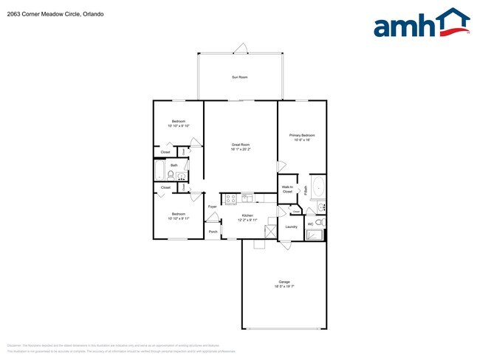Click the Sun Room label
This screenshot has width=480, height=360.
point(239,77)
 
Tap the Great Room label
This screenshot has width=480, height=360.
point(241,145)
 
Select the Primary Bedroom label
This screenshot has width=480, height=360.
point(302,135)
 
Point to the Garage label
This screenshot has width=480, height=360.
point(284,282)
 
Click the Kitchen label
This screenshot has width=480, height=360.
point(247,215)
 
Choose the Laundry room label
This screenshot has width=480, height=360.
point(291,226)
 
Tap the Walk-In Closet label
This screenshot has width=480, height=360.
point(287,189)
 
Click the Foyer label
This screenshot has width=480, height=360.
point(212,207)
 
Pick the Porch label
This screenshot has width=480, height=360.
point(213,232)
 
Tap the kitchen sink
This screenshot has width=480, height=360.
point(247,197)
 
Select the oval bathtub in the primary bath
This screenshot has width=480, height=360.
point(318,187)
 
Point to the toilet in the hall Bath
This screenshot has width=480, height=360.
point(171,176)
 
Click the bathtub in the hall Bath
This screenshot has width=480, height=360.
point(159,173)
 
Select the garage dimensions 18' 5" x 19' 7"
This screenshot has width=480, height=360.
point(284,287)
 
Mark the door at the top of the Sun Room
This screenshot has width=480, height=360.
point(239,49)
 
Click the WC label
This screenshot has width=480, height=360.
point(310,223)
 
